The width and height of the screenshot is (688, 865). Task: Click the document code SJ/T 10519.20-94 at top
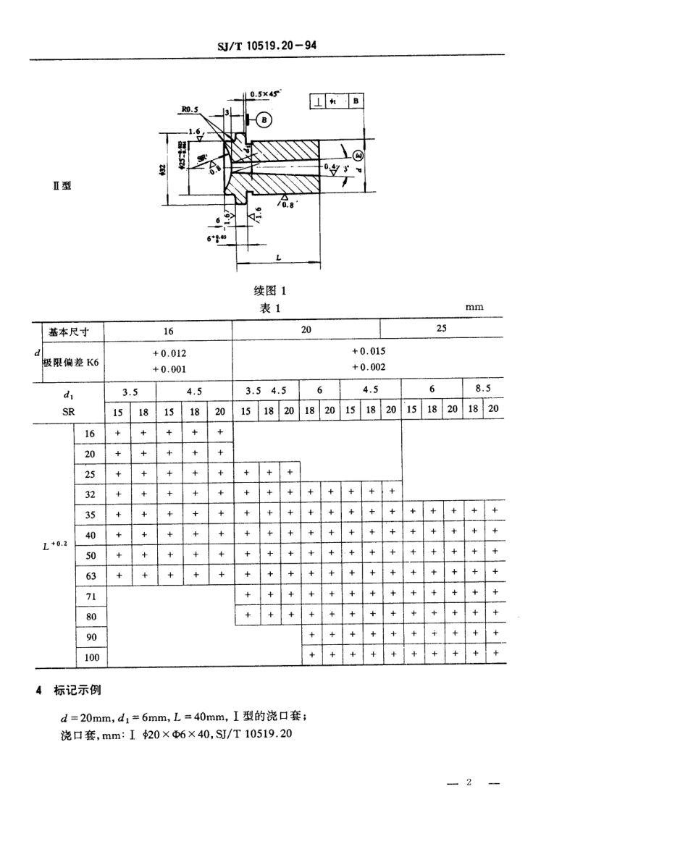point(267,46)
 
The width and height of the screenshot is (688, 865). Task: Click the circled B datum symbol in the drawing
point(264,119)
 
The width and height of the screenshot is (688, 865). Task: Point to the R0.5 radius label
point(191,111)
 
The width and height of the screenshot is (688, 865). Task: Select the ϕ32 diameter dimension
point(163,169)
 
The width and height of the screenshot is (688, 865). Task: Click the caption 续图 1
point(272,291)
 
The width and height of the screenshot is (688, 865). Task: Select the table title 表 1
point(271,308)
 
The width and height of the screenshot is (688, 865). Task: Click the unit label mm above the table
point(474,307)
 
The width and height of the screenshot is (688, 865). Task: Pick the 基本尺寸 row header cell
point(66,331)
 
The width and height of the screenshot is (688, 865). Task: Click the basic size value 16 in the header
point(168,331)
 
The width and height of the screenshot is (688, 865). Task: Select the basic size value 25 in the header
point(442,328)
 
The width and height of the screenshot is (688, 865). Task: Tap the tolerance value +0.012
point(169,353)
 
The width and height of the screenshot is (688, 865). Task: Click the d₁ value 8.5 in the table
point(484,389)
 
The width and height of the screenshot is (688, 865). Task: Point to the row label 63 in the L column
point(91,577)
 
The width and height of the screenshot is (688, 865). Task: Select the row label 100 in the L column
point(91,659)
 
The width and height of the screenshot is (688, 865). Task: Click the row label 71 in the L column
point(91,597)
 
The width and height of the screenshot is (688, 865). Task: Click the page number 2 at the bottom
point(469,782)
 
